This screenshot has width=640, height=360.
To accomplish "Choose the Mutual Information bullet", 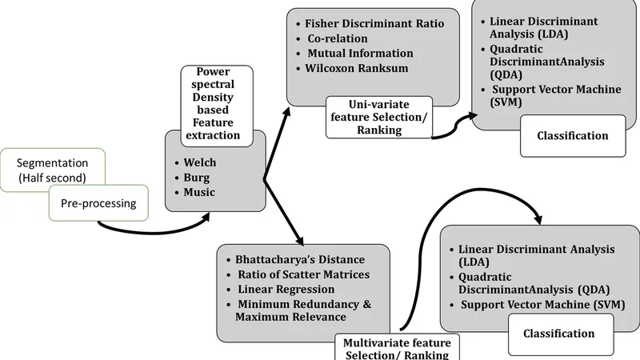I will [x=360, y=54].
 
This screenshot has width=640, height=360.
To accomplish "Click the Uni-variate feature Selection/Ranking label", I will [x=379, y=116].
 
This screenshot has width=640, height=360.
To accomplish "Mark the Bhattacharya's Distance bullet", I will [x=300, y=259].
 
